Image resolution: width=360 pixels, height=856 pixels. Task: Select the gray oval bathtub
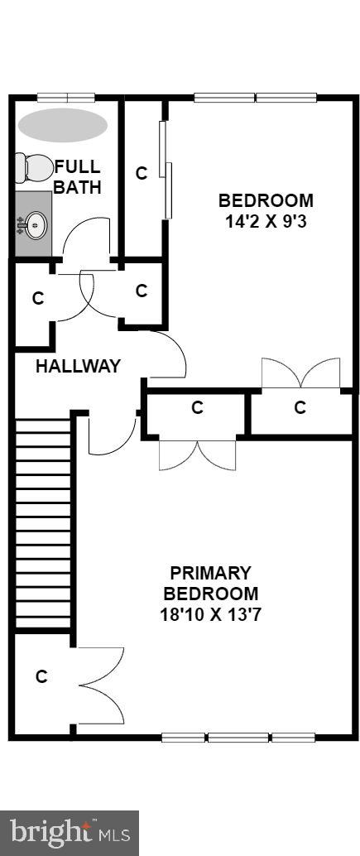click(63, 125)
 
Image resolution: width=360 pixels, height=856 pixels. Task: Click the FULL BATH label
click(78, 177)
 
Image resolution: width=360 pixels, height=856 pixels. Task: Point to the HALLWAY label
click(78, 366)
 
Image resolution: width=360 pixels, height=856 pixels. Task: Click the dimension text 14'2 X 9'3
click(266, 222)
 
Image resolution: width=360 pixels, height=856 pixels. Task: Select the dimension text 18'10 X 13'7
click(210, 615)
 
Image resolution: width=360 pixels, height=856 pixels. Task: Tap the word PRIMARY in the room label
click(210, 573)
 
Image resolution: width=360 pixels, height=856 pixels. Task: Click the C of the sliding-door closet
click(142, 173)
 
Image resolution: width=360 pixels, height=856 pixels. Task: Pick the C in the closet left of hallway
click(37, 299)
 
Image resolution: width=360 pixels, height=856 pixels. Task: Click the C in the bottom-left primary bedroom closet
click(41, 676)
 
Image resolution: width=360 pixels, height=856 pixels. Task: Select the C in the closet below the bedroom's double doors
click(300, 407)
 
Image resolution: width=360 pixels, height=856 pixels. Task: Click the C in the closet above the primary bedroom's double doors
click(197, 407)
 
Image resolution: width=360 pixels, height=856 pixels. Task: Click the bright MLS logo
click(70, 831)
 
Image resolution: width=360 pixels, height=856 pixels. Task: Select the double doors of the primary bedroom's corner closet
click(103, 685)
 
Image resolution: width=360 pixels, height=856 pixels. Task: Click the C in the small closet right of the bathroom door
click(142, 291)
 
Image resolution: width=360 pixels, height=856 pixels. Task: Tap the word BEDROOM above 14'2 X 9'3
click(266, 200)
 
